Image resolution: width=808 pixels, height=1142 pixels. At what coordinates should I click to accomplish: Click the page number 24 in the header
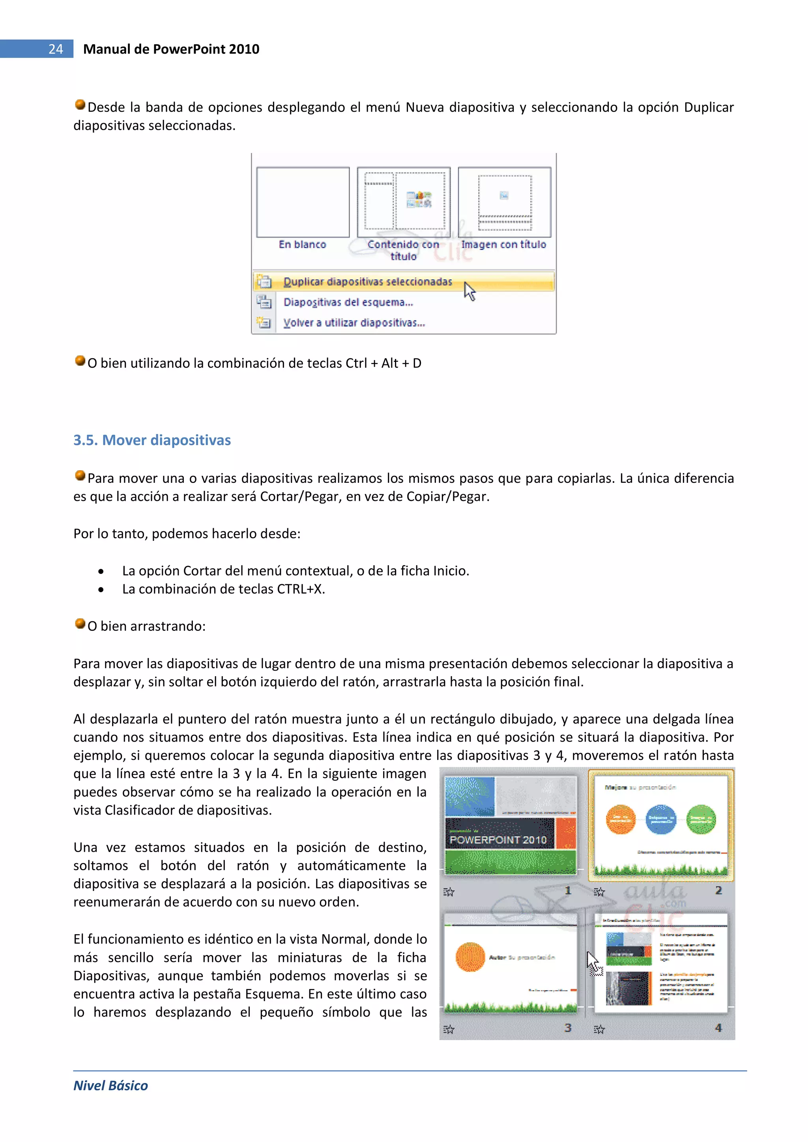point(55,49)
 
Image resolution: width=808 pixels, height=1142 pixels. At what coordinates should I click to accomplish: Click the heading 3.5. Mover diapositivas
point(152,440)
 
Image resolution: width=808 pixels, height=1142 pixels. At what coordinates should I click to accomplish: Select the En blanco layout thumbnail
point(303,202)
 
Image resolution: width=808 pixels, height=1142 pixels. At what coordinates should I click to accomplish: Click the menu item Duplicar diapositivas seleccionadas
point(367,282)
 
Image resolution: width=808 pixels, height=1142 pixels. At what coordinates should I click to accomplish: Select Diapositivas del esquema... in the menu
point(348,302)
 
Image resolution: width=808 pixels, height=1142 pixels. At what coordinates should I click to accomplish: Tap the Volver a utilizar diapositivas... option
point(354,323)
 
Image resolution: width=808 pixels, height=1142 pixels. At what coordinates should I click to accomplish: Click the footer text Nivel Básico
point(110,1085)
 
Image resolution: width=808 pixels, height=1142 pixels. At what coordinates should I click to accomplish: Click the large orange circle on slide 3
point(470,957)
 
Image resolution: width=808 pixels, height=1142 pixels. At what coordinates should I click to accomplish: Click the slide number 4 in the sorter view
point(718,1027)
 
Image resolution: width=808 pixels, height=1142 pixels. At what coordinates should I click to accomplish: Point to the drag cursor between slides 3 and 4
point(593,963)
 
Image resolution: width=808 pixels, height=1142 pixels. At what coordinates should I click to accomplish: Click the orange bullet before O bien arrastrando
point(80,624)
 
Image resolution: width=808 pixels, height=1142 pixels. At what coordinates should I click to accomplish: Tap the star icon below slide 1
point(449,892)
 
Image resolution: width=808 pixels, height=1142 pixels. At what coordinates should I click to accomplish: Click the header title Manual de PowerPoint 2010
point(171,49)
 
